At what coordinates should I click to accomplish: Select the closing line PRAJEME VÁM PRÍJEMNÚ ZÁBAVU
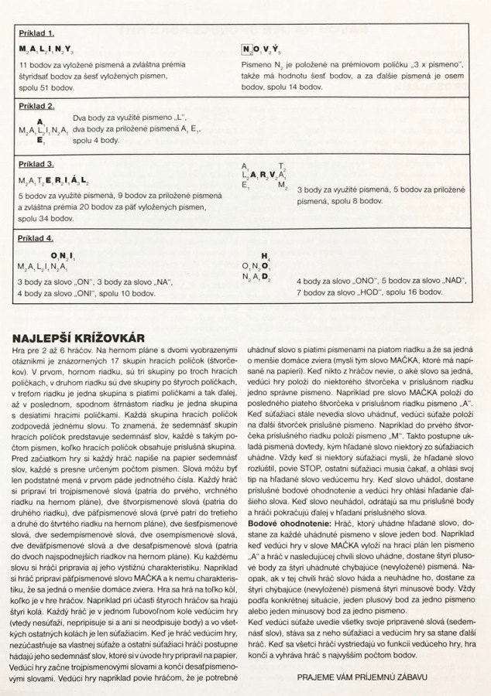coord(362,677)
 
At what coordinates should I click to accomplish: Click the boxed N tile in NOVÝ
coord(247,50)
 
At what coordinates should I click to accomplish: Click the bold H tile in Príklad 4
coord(265,256)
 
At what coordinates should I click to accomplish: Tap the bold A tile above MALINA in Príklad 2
coord(39,121)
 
